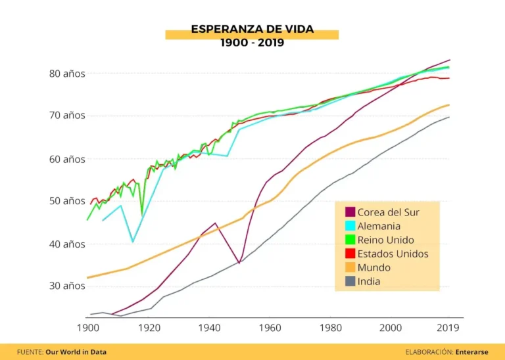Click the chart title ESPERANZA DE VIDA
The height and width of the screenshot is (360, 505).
(252, 30)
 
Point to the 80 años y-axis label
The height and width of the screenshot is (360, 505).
(67, 74)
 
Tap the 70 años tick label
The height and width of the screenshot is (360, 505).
(67, 116)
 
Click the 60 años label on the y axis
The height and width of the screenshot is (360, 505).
(67, 159)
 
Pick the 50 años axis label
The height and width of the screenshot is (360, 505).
(67, 201)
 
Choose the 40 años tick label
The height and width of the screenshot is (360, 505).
(67, 244)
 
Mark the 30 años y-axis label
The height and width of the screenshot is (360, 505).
(67, 286)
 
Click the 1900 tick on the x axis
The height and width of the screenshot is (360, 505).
(87, 327)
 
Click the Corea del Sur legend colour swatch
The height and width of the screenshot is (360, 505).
(350, 212)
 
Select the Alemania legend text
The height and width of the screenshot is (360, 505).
(379, 226)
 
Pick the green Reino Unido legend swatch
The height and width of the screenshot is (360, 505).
(350, 240)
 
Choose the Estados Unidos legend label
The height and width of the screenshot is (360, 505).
(393, 254)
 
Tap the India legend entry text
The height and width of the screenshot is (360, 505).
(369, 281)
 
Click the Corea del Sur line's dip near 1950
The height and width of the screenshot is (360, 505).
(239, 263)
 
